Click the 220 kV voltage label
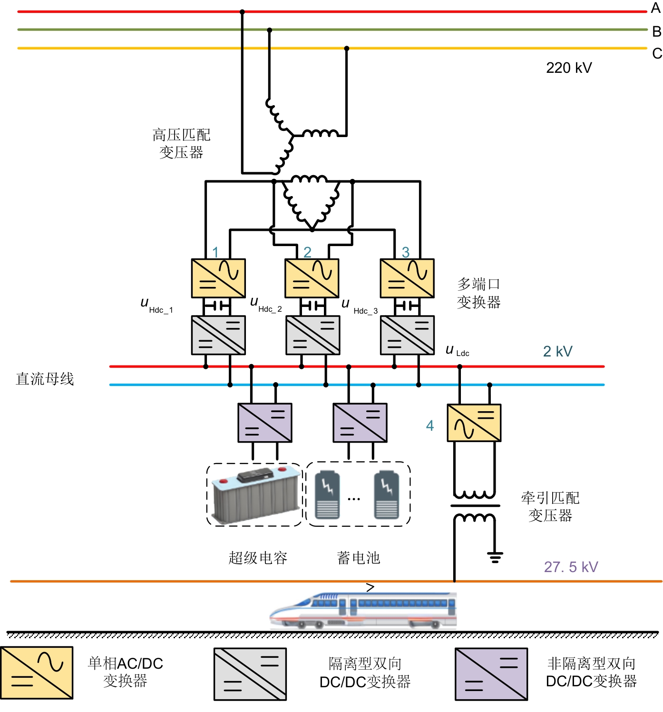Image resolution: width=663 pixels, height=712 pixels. (x=568, y=68)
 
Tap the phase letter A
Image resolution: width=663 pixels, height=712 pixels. (x=656, y=8)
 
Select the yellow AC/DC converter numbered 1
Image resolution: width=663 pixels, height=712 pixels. (x=218, y=278)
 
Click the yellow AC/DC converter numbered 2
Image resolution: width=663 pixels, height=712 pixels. (x=312, y=278)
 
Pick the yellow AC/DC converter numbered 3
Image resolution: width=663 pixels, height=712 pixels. (x=407, y=278)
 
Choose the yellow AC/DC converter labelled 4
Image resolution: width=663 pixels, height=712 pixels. (x=474, y=423)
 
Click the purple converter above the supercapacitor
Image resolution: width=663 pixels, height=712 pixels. (x=264, y=423)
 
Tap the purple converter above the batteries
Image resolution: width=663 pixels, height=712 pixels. (x=360, y=423)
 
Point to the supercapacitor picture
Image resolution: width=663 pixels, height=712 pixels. (x=255, y=495)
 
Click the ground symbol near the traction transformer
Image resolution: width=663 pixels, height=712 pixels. (x=495, y=556)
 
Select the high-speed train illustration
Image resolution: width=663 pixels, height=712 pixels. (x=363, y=610)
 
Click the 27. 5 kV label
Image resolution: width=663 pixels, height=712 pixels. (x=571, y=567)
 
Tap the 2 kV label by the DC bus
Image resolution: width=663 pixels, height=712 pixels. (x=557, y=351)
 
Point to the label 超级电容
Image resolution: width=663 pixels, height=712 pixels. (x=258, y=558)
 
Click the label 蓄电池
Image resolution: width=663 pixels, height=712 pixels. (x=358, y=558)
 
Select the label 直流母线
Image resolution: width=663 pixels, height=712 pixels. (x=45, y=379)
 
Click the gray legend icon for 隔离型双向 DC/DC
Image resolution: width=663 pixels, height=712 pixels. (x=250, y=674)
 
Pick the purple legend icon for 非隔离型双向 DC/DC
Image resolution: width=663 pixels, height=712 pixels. (x=491, y=674)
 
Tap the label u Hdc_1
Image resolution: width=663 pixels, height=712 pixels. (x=156, y=305)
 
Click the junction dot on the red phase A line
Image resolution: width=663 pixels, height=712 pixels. (x=242, y=12)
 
